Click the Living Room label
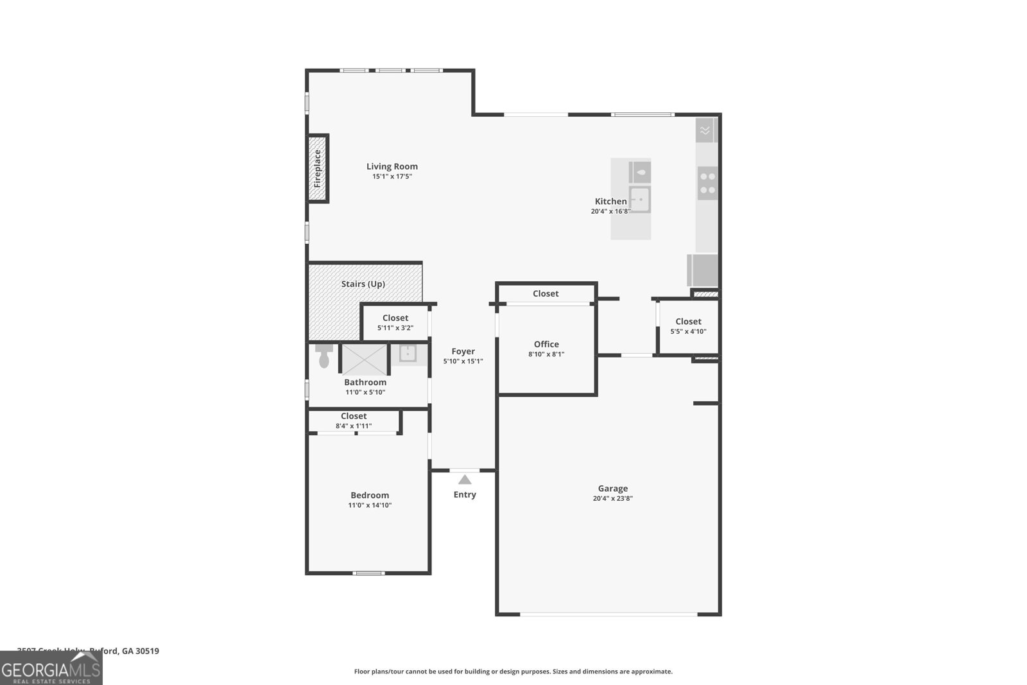pyautogui.click(x=392, y=166)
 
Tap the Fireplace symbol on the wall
pyautogui.click(x=317, y=169)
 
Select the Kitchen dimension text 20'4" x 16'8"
pyautogui.click(x=610, y=211)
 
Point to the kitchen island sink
pyautogui.click(x=639, y=200)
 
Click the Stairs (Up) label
pyautogui.click(x=363, y=284)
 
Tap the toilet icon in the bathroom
pyautogui.click(x=324, y=356)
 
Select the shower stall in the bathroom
pyautogui.click(x=364, y=360)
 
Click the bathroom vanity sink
pyautogui.click(x=408, y=354)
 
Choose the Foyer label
pyautogui.click(x=463, y=351)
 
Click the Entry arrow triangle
pyautogui.click(x=465, y=480)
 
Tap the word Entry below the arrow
pyautogui.click(x=465, y=495)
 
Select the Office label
pyautogui.click(x=546, y=344)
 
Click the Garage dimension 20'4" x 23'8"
pyautogui.click(x=612, y=499)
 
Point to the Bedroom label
pyautogui.click(x=370, y=495)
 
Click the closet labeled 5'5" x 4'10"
pyautogui.click(x=688, y=326)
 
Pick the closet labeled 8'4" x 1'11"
pyautogui.click(x=354, y=421)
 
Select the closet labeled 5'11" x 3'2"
pyautogui.click(x=395, y=322)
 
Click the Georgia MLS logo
pyautogui.click(x=51, y=668)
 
